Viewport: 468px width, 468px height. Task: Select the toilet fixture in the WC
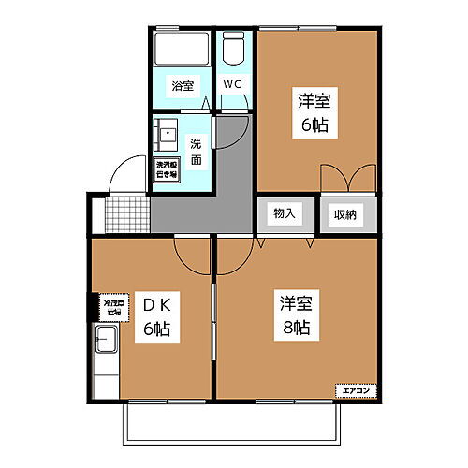pos(234,48)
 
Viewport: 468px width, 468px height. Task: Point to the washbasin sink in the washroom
pos(167,135)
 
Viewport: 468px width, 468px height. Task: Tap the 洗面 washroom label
pos(197,152)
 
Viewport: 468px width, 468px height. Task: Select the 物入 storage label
pos(284,213)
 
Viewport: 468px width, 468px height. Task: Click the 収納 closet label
pos(344,214)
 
